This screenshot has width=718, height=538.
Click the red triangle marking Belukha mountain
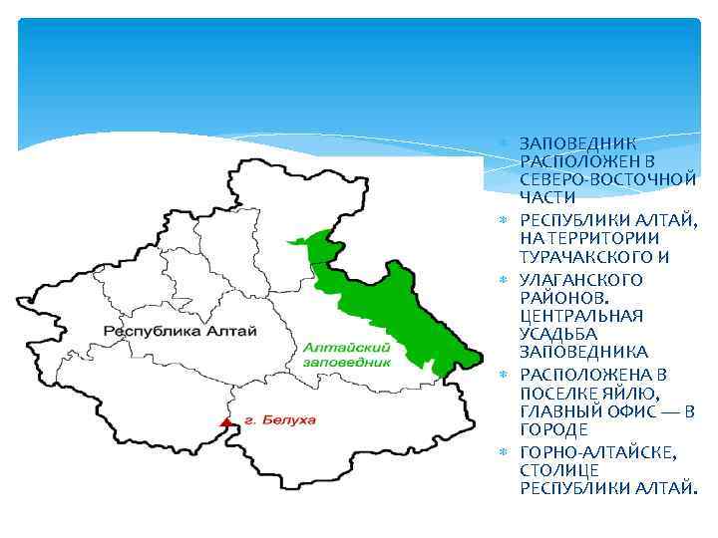tap(226, 422)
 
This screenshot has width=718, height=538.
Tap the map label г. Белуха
tap(279, 420)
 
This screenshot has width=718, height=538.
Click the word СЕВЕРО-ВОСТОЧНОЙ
tap(607, 178)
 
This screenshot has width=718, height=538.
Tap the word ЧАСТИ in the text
tap(547, 197)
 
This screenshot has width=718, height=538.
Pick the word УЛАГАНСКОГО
tap(580, 279)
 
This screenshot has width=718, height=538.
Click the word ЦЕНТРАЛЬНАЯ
tap(581, 315)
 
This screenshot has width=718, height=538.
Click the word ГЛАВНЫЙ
tap(558, 410)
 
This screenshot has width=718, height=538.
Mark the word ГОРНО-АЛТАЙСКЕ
tap(597, 452)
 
